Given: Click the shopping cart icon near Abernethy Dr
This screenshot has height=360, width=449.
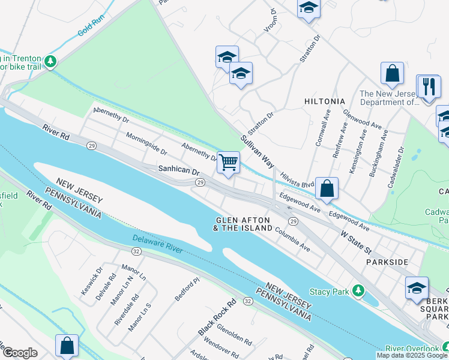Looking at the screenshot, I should point(228,162).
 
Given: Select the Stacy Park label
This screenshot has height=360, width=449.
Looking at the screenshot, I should point(330,292).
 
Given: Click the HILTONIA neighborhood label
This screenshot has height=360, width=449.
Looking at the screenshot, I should point(324,101).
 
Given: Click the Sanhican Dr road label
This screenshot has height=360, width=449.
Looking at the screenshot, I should point(178,170).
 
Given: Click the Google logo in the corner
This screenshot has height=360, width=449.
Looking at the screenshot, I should point(20,353).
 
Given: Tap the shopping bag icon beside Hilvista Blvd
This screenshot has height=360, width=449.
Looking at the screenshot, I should point(327,188).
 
